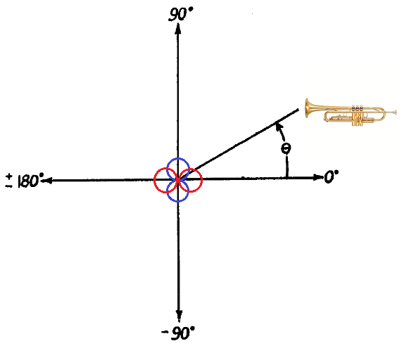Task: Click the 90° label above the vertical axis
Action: pyautogui.click(x=181, y=14)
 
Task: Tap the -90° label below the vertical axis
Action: pyautogui.click(x=178, y=333)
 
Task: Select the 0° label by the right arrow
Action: pyautogui.click(x=332, y=177)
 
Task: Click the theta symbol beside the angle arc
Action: pyautogui.click(x=286, y=148)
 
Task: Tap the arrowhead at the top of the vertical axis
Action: pyautogui.click(x=178, y=28)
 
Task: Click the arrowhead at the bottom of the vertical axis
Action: pyautogui.click(x=179, y=316)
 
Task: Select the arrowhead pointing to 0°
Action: pyautogui.click(x=318, y=177)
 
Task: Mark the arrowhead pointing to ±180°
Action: pyautogui.click(x=47, y=180)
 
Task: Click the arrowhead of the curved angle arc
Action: pyautogui.click(x=279, y=127)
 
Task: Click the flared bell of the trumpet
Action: pyautogui.click(x=308, y=108)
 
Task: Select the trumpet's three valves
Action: pyautogui.click(x=358, y=115)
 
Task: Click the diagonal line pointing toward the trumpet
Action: pyautogui.click(x=239, y=145)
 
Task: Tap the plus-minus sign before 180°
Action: pyautogui.click(x=9, y=181)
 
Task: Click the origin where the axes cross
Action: pyautogui.click(x=178, y=180)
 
